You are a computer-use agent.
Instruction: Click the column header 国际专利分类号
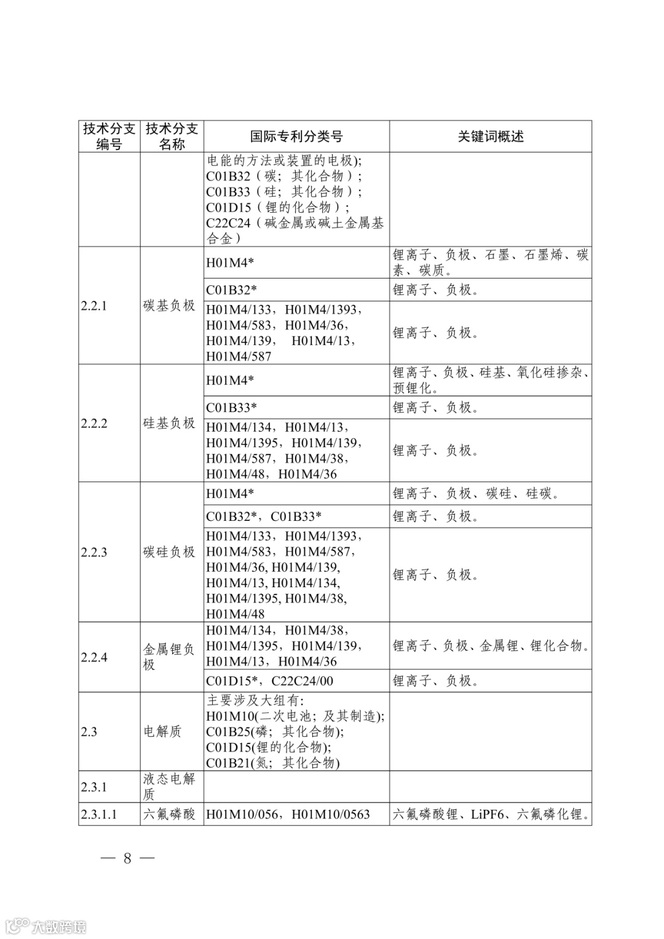coord(296,137)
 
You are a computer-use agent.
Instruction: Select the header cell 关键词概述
coord(490,137)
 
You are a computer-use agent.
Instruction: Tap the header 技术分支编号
coord(109,137)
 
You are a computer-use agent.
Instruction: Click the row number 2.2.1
coord(94,306)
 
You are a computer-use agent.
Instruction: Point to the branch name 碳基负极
coord(169,306)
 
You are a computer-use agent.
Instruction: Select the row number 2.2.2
coord(94,424)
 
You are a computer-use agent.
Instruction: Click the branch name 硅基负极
coord(169,424)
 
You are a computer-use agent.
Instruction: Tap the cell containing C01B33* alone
coord(232,407)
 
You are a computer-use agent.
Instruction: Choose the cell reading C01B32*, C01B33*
coord(264,517)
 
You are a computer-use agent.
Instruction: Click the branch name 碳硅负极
coord(169,552)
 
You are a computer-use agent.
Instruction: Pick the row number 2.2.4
coord(94,657)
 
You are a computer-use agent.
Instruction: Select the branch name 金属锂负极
coord(169,657)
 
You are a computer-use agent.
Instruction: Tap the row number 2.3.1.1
coord(98,815)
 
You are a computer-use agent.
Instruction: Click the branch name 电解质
coord(162,732)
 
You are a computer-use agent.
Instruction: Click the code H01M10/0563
coord(331,815)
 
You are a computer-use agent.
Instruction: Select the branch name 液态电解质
coord(169,786)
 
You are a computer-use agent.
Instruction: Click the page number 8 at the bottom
coord(127,858)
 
